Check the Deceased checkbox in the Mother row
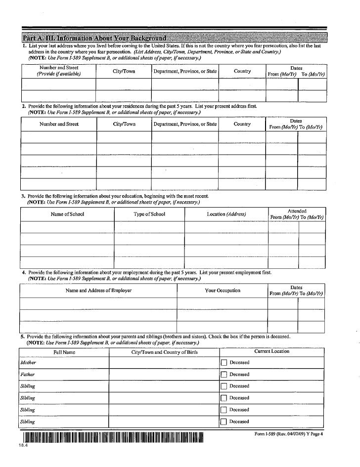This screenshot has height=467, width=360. coord(224,363)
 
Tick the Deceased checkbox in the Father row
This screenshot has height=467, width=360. coord(224,375)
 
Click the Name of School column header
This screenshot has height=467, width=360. coord(67,214)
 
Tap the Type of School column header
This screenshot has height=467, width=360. coord(149,214)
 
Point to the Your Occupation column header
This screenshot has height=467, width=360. coord(223,290)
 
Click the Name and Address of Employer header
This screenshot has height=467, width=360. coord(98,290)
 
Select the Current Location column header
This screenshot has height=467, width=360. coord(271,351)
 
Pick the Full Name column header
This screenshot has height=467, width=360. coord(64,352)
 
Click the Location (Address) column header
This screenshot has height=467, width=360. coord(226,214)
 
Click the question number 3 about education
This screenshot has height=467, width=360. coord(23,196)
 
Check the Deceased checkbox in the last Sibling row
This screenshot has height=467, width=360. coord(224,422)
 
